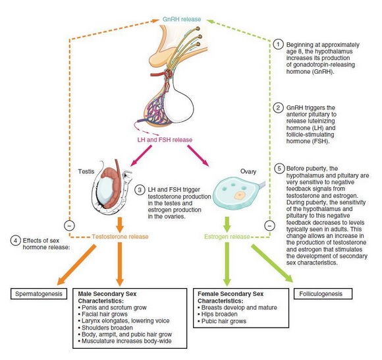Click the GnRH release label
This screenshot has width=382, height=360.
click(x=182, y=19)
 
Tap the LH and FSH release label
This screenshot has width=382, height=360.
click(x=165, y=140)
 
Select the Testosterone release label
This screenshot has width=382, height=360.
click(x=120, y=237)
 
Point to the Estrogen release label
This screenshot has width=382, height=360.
click(x=227, y=237)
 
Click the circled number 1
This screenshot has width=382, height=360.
click(x=278, y=45)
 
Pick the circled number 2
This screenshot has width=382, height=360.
click(x=278, y=107)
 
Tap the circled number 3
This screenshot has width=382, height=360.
click(x=140, y=190)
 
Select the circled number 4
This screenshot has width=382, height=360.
click(x=15, y=241)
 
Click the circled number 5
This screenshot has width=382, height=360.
click(x=279, y=169)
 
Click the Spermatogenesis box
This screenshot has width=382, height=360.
click(x=39, y=294)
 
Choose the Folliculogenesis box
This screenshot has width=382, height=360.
click(x=323, y=294)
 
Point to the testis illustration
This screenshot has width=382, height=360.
click(x=111, y=187)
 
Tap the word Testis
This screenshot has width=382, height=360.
click(x=86, y=171)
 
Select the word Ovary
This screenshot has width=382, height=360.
click(x=248, y=171)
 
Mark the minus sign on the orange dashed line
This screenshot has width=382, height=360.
click(x=69, y=225)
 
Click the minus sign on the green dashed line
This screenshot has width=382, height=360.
click(x=269, y=225)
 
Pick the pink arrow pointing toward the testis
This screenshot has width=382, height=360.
click(x=142, y=156)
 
